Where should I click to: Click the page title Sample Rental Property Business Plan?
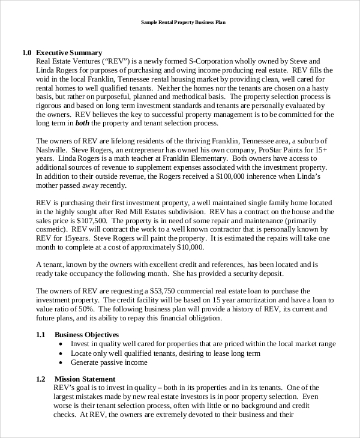tap(182, 22)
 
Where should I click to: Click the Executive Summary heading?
tap(69, 53)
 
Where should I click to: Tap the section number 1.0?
tap(26, 53)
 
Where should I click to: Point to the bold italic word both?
tap(83, 123)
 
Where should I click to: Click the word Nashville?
tap(52, 150)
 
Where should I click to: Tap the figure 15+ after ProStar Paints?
tap(320, 150)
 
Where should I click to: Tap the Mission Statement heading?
tap(85, 379)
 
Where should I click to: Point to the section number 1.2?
tap(40, 379)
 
